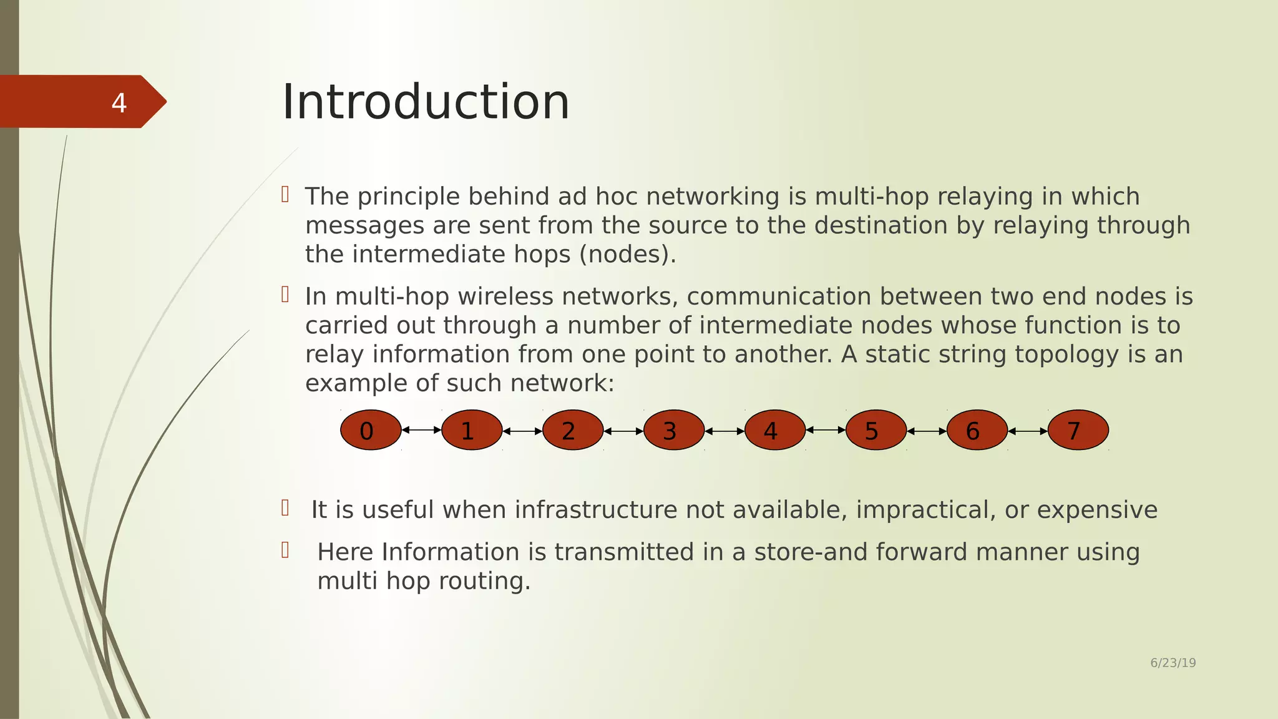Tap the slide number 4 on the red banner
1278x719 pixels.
[x=119, y=103]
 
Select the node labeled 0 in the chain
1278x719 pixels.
[x=371, y=430]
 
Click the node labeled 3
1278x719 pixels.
[x=674, y=430]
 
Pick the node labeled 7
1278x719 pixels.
[x=1078, y=430]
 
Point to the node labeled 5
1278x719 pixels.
[x=876, y=430]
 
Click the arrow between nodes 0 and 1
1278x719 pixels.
[x=421, y=429]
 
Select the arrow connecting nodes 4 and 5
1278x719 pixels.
[x=826, y=429]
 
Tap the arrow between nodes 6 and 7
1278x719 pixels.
[x=1028, y=431]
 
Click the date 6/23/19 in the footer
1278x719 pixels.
[x=1173, y=663]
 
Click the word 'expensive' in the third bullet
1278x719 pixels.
[x=1097, y=510]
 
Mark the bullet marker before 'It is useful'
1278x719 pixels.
[x=285, y=508]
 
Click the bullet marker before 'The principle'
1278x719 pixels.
[x=285, y=194]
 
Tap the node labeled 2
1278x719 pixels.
[x=573, y=430]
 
